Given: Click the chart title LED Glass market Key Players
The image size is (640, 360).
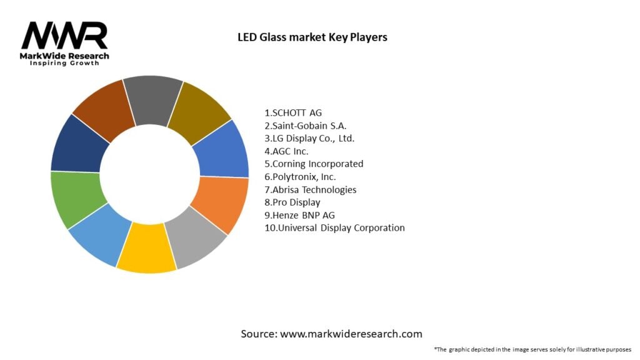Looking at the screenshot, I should (x=312, y=37).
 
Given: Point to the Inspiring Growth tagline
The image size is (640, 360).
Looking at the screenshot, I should (x=64, y=64).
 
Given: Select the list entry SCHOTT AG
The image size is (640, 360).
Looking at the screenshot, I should (x=294, y=113).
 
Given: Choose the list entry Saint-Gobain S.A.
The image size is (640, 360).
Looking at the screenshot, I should (x=306, y=126).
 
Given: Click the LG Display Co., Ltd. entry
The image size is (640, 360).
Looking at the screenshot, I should (x=314, y=138).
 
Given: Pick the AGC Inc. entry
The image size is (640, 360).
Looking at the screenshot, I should (x=287, y=151).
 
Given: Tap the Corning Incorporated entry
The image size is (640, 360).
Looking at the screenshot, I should (x=314, y=164).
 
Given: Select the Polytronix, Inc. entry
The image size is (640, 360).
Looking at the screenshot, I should (x=301, y=177).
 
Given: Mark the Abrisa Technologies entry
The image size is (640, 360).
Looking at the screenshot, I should (x=311, y=189).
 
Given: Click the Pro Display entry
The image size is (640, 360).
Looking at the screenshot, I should (x=292, y=202).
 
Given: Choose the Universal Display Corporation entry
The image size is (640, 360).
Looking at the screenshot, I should (x=335, y=227).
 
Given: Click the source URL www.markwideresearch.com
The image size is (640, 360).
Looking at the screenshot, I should (x=351, y=334).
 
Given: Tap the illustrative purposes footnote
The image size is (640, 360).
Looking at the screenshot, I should (x=533, y=349).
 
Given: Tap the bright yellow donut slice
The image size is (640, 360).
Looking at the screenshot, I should (x=146, y=250).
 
